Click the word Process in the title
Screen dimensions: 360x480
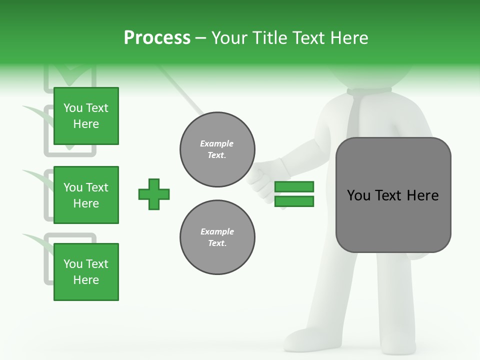[157, 38]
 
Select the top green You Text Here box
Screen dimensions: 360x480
[86, 116]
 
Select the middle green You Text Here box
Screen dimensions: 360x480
[86, 195]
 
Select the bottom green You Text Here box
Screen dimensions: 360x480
[86, 272]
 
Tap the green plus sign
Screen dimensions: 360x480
[154, 194]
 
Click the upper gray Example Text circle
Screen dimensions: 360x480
[217, 149]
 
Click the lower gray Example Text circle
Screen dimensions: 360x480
[217, 237]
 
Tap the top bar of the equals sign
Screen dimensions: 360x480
[294, 186]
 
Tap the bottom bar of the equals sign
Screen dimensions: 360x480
[294, 201]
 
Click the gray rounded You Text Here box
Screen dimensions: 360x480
[393, 195]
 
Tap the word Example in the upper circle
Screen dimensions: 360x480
[217, 143]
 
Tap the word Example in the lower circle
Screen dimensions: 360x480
[217, 231]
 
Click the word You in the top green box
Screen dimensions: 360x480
[73, 108]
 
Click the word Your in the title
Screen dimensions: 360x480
[229, 38]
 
